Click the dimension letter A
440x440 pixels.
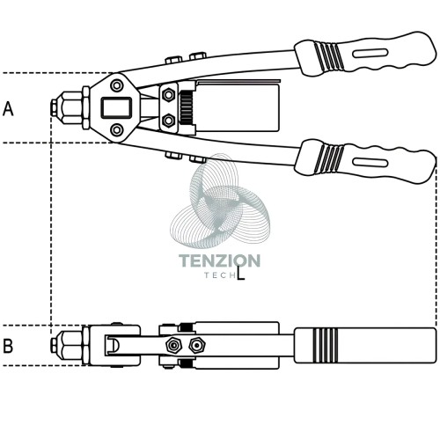(8, 109)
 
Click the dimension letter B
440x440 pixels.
(8, 346)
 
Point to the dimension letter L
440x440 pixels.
(240, 273)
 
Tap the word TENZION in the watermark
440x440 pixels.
(219, 260)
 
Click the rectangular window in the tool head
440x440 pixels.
(116, 108)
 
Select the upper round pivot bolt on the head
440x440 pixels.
(117, 85)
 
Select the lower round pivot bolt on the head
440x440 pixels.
(117, 129)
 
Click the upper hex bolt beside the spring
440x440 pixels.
(168, 95)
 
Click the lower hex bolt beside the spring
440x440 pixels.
(168, 121)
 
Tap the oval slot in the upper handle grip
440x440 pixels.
(370, 54)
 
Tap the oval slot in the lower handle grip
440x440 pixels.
(370, 162)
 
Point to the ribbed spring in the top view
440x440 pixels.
(187, 107)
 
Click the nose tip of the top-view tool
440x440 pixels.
(54, 107)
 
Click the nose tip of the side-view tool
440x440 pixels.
(54, 345)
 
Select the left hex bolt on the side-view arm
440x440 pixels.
(173, 346)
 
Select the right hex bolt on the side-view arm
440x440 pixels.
(197, 346)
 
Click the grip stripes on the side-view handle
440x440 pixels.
(325, 345)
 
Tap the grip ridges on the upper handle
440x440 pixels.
(328, 57)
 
